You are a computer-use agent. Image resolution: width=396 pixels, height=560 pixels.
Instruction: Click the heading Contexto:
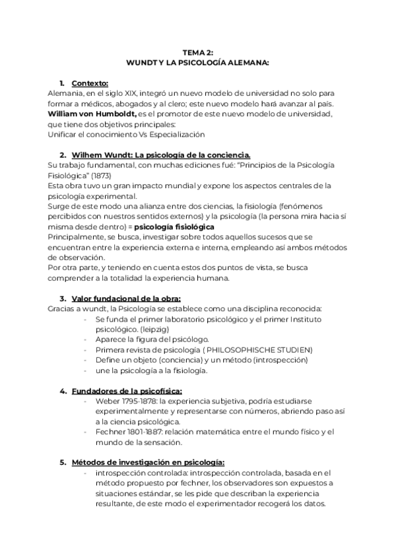(90, 83)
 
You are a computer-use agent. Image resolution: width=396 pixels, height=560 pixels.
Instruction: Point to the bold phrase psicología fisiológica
(174, 227)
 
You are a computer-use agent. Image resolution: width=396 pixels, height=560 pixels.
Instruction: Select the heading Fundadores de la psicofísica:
(127, 391)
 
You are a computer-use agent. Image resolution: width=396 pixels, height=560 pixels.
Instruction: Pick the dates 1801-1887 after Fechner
(147, 432)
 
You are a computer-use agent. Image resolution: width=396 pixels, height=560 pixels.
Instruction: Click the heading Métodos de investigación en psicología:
(148, 463)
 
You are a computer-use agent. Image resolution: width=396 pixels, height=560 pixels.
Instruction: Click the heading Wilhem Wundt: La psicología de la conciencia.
(161, 155)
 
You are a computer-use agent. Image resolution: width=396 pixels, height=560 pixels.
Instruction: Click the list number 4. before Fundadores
(63, 391)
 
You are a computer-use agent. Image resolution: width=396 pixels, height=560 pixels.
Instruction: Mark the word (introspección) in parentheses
(275, 360)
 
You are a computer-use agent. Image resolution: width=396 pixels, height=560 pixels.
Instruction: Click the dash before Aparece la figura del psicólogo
(87, 339)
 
